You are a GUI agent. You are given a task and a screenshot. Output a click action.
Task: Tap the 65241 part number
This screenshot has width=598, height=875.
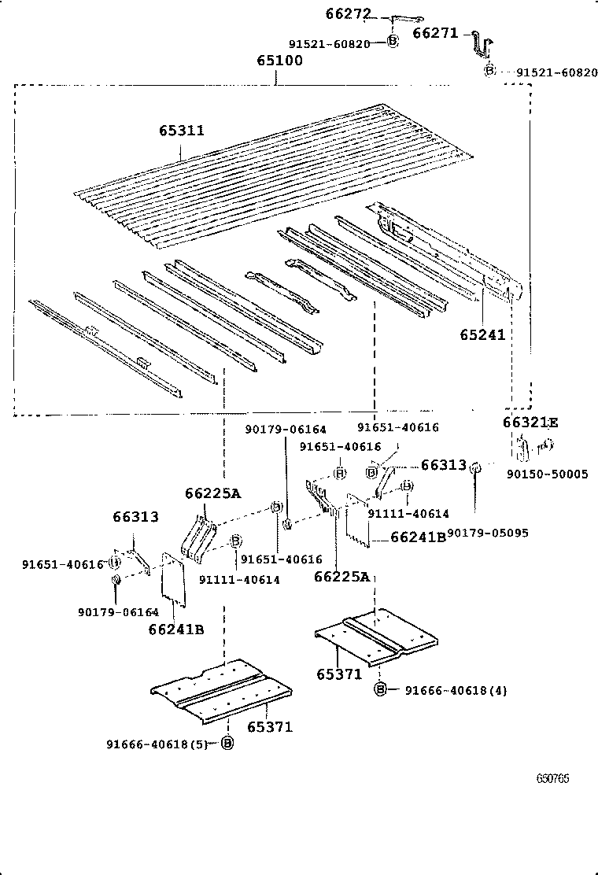pyautogui.click(x=482, y=334)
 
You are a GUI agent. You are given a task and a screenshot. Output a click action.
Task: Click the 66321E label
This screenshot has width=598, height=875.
pyautogui.click(x=530, y=423)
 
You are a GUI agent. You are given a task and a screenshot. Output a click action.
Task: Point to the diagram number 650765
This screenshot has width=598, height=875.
pyautogui.click(x=553, y=779)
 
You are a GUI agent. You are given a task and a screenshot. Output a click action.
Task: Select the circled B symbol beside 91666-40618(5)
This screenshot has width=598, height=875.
pyautogui.click(x=227, y=744)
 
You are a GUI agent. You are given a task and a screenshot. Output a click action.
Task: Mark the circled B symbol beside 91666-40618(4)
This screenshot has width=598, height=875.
pyautogui.click(x=381, y=690)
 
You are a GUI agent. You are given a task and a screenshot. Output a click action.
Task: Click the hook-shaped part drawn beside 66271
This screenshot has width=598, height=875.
pyautogui.click(x=482, y=46)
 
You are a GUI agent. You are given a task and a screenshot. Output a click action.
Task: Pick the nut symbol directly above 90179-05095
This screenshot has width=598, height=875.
pyautogui.click(x=475, y=469)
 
